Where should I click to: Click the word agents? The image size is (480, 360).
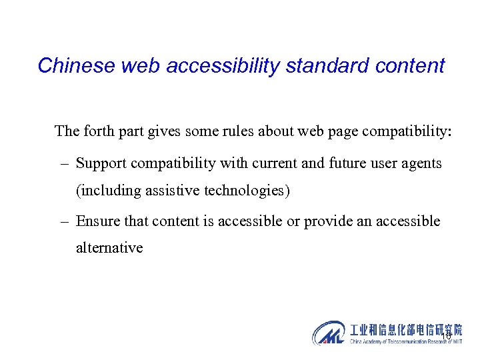[x=421, y=163]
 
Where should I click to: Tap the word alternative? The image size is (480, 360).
[x=109, y=248]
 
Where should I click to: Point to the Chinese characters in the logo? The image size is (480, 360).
[x=405, y=329]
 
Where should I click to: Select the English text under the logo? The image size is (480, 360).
[x=405, y=341]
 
